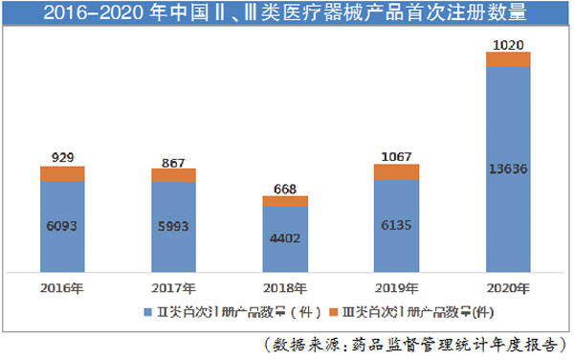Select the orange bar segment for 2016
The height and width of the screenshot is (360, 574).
point(62,173)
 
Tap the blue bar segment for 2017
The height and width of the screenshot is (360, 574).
point(173,227)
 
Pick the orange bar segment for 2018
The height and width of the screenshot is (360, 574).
point(285,201)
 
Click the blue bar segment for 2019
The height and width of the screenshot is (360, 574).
point(396,225)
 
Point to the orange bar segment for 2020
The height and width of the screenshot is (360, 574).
point(508,59)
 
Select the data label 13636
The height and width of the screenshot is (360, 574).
point(508,169)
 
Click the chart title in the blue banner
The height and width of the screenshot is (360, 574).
point(286,14)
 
